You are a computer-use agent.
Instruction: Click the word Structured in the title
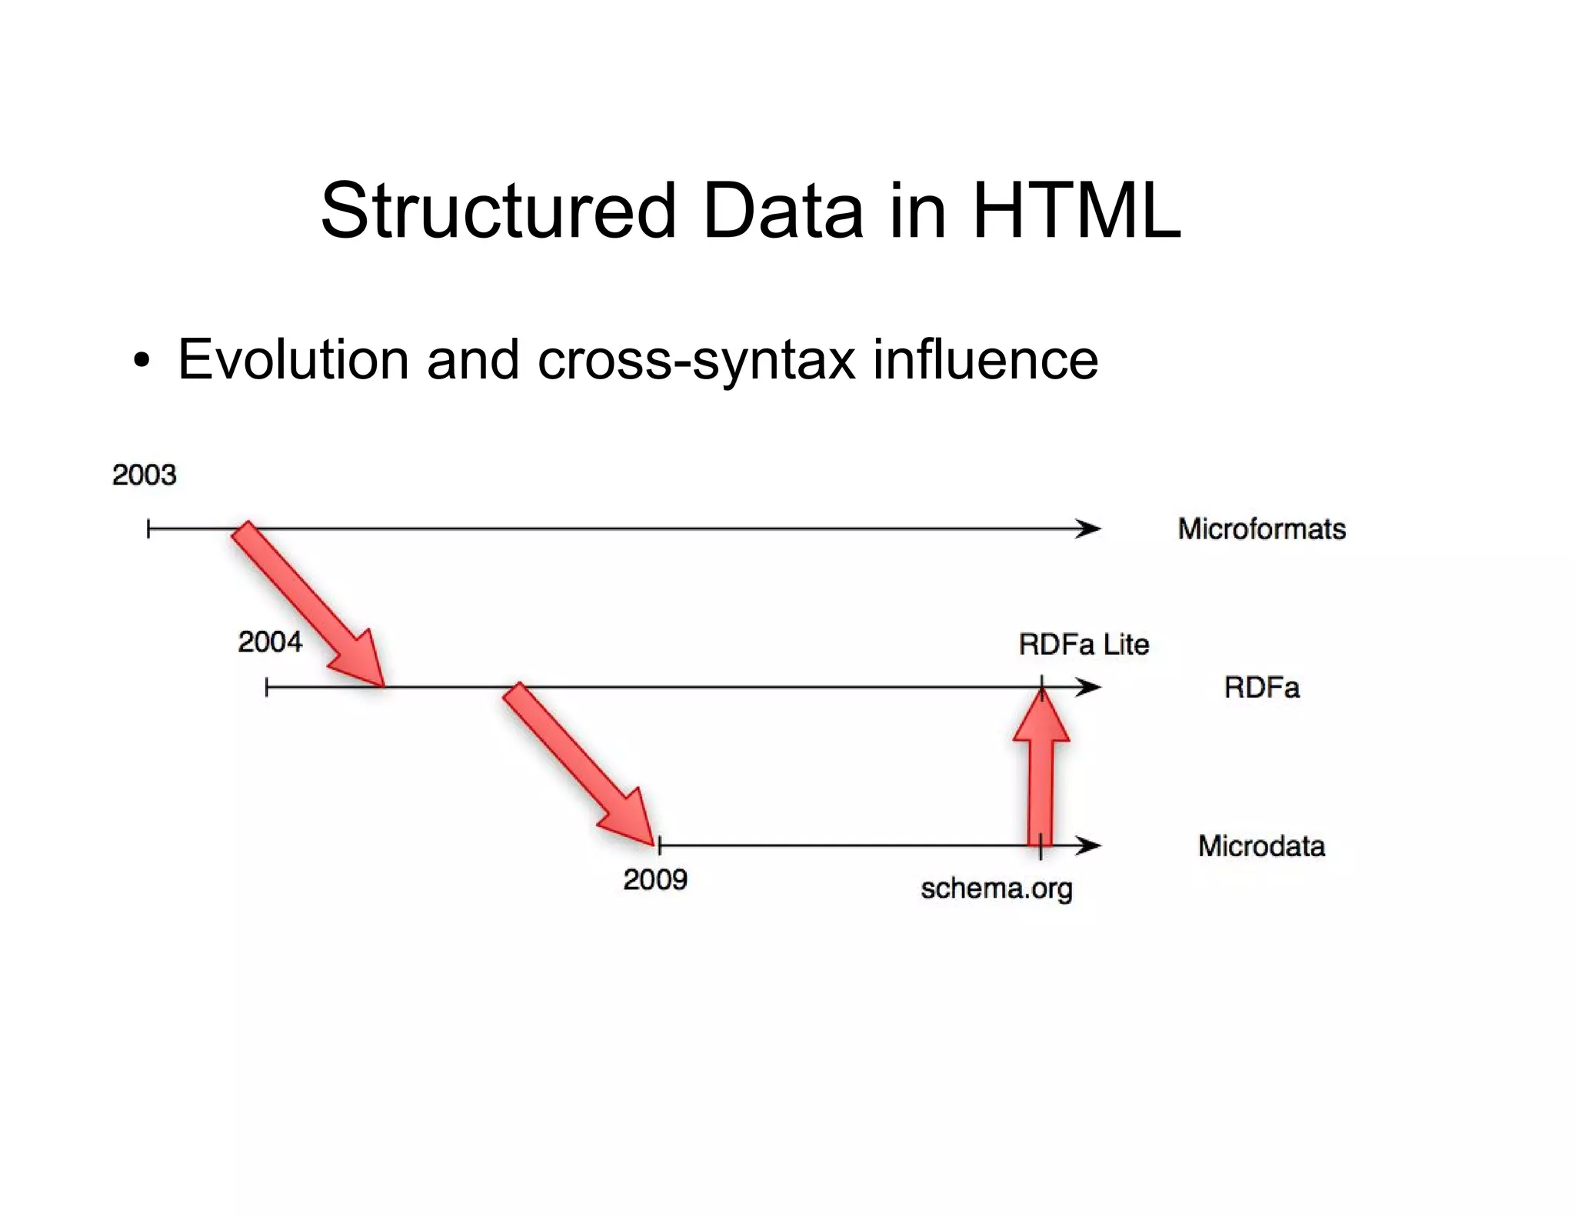click(498, 211)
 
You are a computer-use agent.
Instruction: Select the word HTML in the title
click(1076, 211)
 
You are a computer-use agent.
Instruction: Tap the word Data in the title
click(783, 211)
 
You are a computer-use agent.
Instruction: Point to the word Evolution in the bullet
click(293, 359)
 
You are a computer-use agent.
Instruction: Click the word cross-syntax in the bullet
click(696, 359)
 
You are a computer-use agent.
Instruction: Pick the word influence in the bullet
click(985, 359)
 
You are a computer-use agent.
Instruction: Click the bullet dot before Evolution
click(142, 361)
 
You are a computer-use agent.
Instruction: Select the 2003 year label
click(144, 475)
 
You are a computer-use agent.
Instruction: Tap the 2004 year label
click(270, 642)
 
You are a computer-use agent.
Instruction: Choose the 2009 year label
click(655, 879)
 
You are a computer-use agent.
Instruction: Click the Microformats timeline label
click(1262, 529)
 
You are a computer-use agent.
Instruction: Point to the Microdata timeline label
click(1261, 846)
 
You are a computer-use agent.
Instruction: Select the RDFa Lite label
click(1084, 645)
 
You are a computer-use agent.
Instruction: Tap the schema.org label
click(997, 889)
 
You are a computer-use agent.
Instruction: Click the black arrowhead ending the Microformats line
click(1088, 529)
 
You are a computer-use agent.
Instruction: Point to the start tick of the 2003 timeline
click(148, 529)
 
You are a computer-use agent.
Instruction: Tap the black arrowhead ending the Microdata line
click(1088, 846)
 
